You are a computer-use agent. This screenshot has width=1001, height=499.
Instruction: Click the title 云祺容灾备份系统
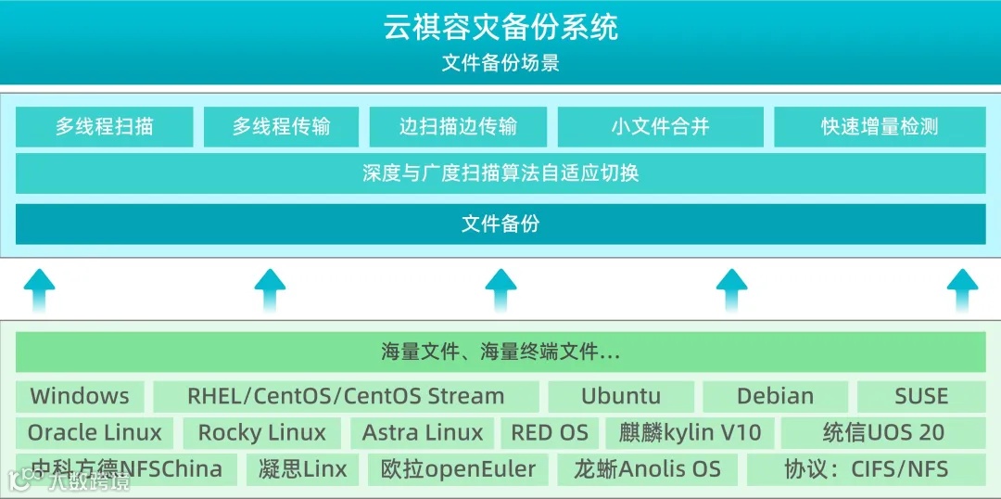(500, 27)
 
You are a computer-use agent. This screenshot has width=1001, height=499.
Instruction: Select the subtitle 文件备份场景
(500, 63)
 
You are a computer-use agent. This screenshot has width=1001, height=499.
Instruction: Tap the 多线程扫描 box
(104, 127)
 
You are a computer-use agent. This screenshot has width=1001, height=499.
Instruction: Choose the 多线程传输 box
(281, 127)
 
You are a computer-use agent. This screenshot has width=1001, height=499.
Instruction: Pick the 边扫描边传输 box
(458, 127)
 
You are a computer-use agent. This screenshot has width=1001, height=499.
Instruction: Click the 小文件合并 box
(660, 127)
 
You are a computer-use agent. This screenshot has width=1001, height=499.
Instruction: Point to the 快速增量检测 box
(880, 127)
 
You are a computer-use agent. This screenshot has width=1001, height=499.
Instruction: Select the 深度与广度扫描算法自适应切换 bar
(500, 173)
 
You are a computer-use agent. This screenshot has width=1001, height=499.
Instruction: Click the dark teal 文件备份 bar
(500, 224)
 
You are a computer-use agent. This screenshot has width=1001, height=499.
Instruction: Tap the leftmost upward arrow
(39, 289)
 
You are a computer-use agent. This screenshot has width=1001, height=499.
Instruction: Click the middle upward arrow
(500, 289)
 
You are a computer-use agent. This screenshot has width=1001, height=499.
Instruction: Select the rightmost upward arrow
(962, 289)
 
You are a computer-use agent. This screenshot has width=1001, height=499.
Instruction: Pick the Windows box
(80, 396)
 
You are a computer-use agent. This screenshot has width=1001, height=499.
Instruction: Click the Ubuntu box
(621, 396)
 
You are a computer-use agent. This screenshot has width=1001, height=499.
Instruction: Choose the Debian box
(775, 396)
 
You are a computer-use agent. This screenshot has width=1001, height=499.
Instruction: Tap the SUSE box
(921, 396)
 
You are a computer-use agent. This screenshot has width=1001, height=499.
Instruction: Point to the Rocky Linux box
(262, 432)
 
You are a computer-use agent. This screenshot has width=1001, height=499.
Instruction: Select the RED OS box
(550, 432)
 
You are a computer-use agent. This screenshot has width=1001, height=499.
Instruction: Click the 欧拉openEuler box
(458, 468)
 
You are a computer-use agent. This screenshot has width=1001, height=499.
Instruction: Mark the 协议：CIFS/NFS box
(866, 468)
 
